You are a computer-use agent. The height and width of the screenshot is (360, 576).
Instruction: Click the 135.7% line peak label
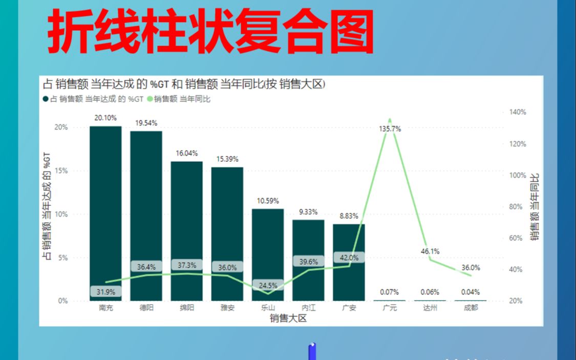pyautogui.click(x=390, y=129)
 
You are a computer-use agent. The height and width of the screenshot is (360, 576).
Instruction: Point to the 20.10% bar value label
pyautogui.click(x=105, y=118)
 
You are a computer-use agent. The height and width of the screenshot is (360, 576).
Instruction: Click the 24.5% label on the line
pyautogui.click(x=268, y=286)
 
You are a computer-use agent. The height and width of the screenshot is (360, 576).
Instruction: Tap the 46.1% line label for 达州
pyautogui.click(x=430, y=251)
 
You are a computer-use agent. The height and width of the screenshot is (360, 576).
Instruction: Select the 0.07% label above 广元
pyautogui.click(x=390, y=292)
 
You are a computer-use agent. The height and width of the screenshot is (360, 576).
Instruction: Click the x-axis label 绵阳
pyautogui.click(x=187, y=308)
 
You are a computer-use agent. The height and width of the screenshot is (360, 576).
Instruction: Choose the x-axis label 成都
pyautogui.click(x=471, y=308)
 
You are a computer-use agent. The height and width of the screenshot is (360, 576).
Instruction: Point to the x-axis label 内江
pyautogui.click(x=308, y=308)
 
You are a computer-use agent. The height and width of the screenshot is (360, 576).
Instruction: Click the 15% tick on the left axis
pyautogui.click(x=61, y=171)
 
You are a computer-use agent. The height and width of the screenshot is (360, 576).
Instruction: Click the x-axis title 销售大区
pyautogui.click(x=288, y=319)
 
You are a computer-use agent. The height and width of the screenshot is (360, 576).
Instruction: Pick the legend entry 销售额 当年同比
pyautogui.click(x=181, y=99)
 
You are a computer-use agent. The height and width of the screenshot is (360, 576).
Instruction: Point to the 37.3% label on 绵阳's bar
pyautogui.click(x=186, y=265)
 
